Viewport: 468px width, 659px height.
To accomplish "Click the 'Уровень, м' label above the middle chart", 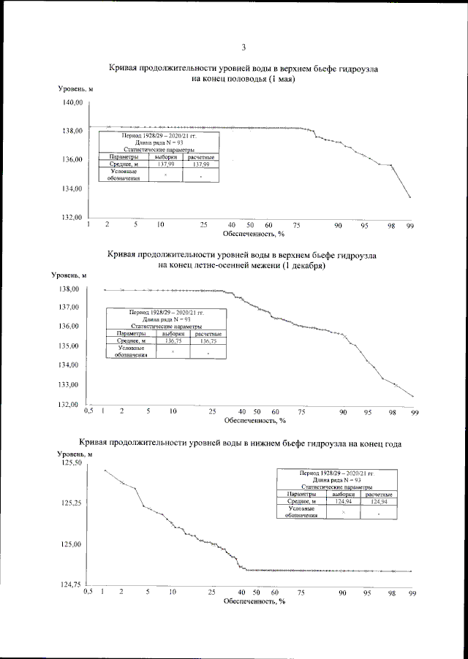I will tap(69, 275).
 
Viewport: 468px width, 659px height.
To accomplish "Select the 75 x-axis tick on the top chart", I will tap(296, 226).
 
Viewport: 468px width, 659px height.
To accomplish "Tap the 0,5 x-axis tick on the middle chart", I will tap(89, 412).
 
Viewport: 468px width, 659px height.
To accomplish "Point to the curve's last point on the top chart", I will tap(410, 197).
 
